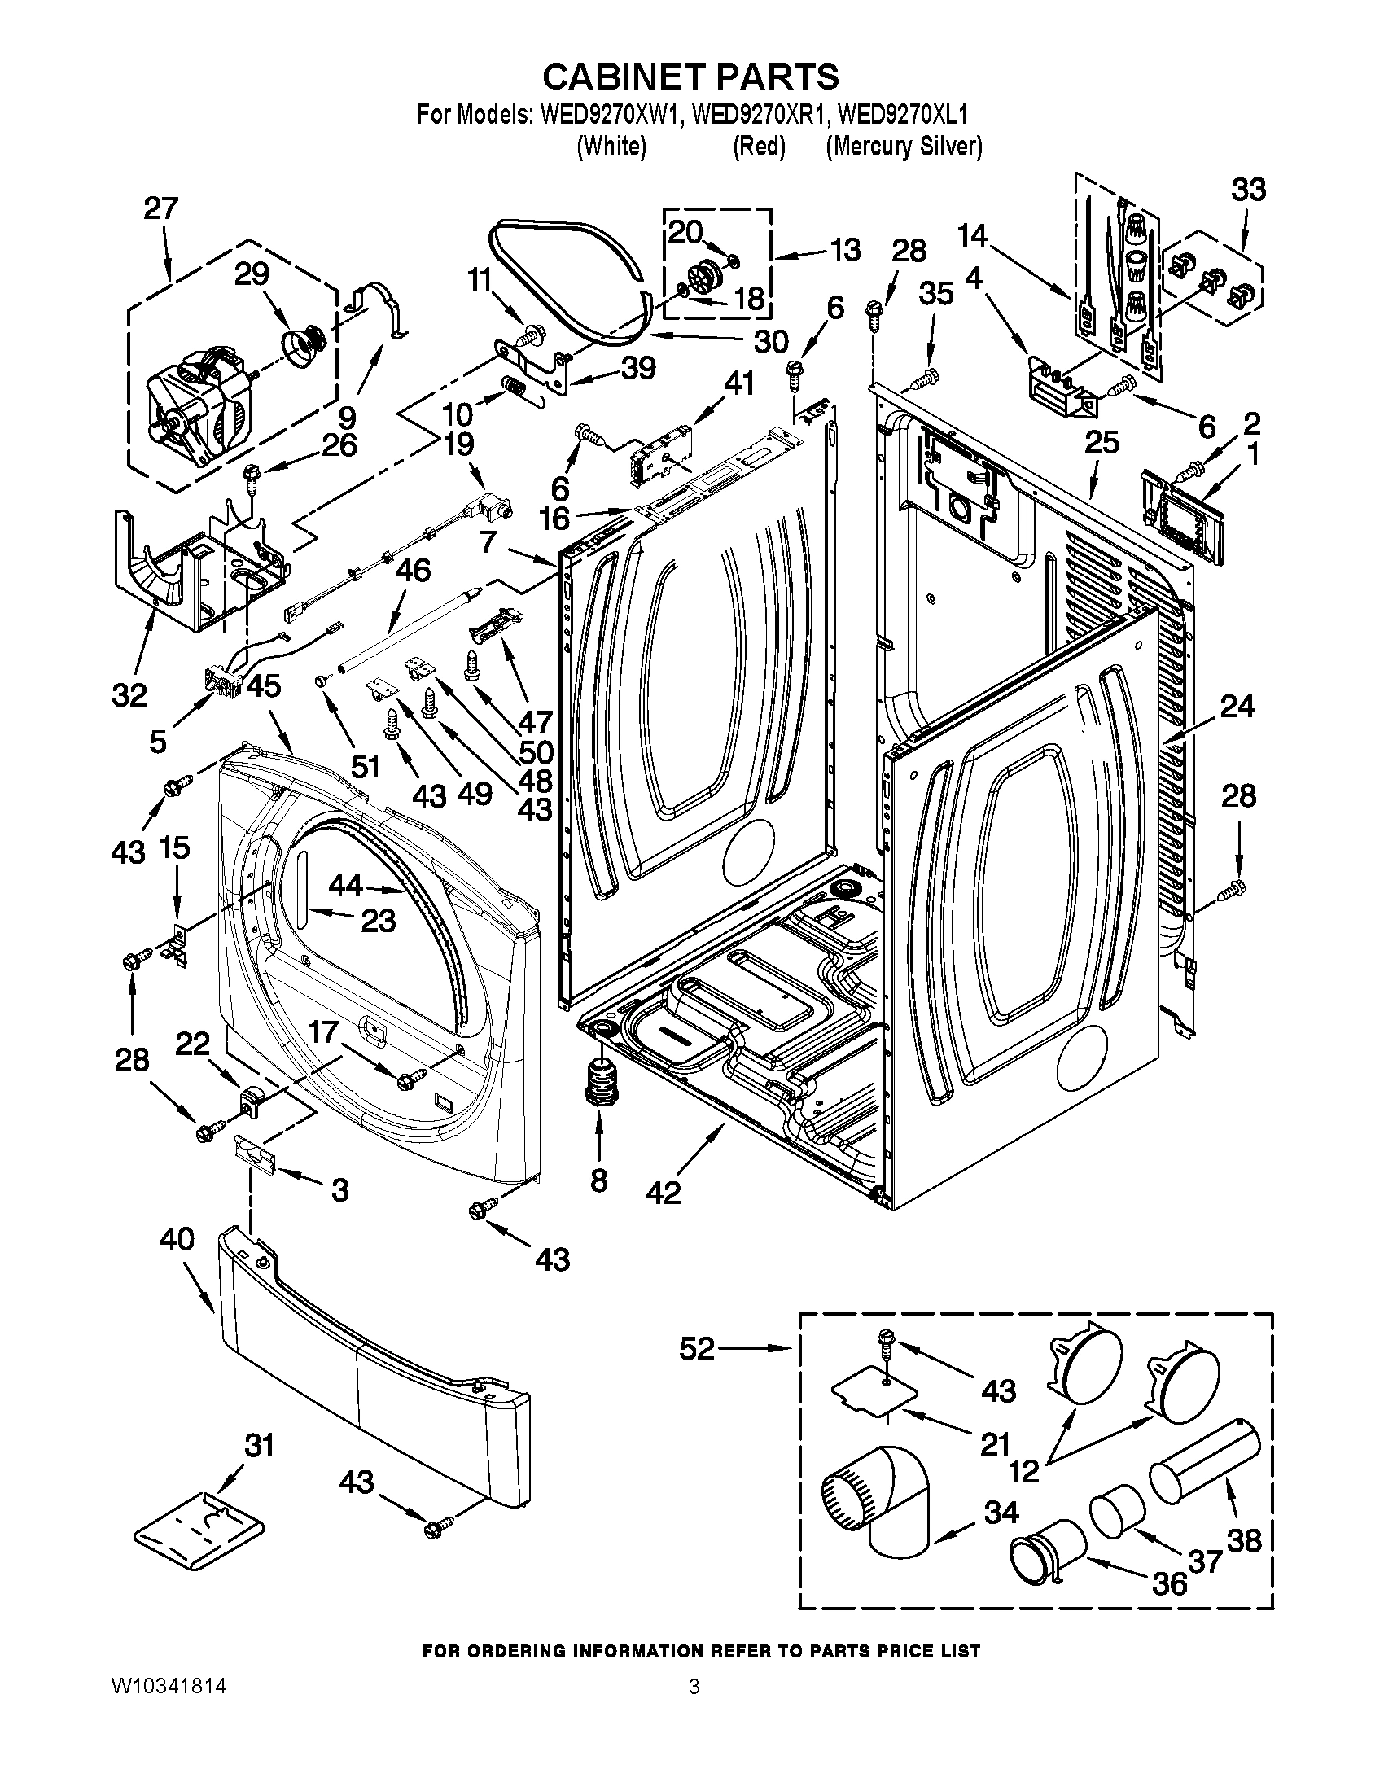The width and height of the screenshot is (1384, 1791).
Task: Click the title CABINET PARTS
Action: click(x=690, y=77)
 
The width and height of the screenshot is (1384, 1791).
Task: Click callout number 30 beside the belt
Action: click(x=771, y=341)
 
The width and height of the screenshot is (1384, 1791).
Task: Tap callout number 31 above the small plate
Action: click(x=259, y=1445)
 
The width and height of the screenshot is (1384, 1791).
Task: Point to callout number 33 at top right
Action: click(x=1248, y=190)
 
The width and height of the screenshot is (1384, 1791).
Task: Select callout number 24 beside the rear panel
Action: click(x=1237, y=705)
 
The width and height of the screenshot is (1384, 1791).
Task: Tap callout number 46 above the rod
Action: click(x=414, y=570)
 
